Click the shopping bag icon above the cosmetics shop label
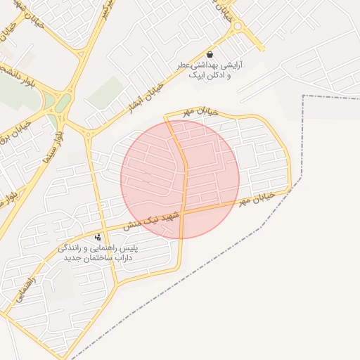pos(210,55)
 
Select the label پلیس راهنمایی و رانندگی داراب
pos(99,253)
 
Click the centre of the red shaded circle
pos(180,179)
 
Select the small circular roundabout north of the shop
pos(237,27)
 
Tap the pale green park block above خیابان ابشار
pos(107,91)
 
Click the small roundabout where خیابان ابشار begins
pos(89,131)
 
